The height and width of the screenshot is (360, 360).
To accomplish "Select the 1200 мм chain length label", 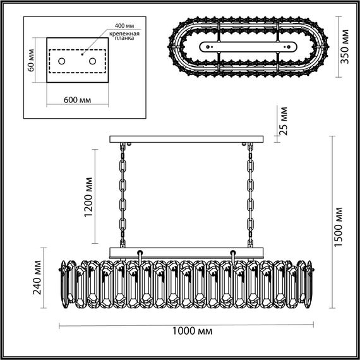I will coord(89,198).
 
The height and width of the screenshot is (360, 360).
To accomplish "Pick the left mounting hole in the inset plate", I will coord(63,61).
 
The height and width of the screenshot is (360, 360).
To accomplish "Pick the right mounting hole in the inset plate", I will coord(92,61).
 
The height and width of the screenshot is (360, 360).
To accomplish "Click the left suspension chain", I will coord(123,196).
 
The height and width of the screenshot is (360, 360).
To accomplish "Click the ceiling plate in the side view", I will coord(186,140).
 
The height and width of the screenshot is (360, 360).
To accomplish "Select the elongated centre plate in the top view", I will coord(247,46).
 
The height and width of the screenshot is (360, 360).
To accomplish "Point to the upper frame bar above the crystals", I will coord(186,252).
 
